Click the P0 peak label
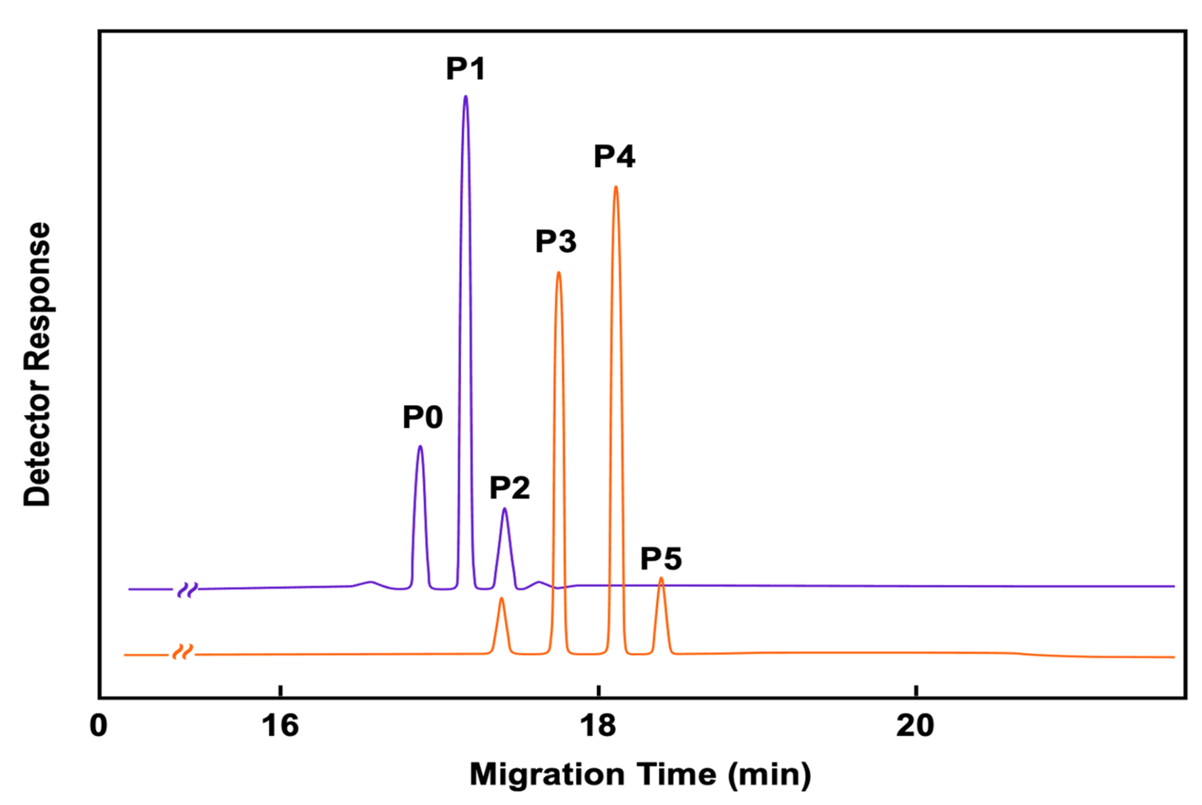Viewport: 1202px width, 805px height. pyautogui.click(x=423, y=417)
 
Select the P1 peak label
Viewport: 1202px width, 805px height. pyautogui.click(x=466, y=69)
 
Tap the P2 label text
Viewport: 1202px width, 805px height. pyautogui.click(x=510, y=488)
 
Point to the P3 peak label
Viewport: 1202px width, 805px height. pyautogui.click(x=555, y=241)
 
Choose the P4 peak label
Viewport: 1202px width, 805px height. pyautogui.click(x=614, y=156)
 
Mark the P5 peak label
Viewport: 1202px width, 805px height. pyautogui.click(x=660, y=559)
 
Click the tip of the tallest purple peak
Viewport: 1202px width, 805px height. pyautogui.click(x=466, y=97)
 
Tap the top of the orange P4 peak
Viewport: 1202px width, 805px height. pyautogui.click(x=616, y=187)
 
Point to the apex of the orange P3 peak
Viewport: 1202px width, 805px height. pyautogui.click(x=558, y=272)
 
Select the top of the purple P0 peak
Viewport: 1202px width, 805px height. pyautogui.click(x=420, y=446)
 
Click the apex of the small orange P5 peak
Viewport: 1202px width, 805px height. pyautogui.click(x=661, y=578)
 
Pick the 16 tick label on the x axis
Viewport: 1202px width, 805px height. pyautogui.click(x=280, y=726)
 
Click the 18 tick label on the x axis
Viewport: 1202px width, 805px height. pyautogui.click(x=598, y=726)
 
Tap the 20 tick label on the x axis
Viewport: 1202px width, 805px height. pyautogui.click(x=915, y=726)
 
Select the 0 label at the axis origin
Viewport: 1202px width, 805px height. pyautogui.click(x=98, y=726)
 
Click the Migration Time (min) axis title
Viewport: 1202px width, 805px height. pyautogui.click(x=640, y=774)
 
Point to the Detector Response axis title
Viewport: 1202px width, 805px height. pyautogui.click(x=37, y=364)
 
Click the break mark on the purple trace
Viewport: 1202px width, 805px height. pyautogui.click(x=187, y=590)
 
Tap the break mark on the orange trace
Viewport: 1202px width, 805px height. pyautogui.click(x=183, y=653)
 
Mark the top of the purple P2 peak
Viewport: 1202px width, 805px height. pyautogui.click(x=504, y=509)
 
